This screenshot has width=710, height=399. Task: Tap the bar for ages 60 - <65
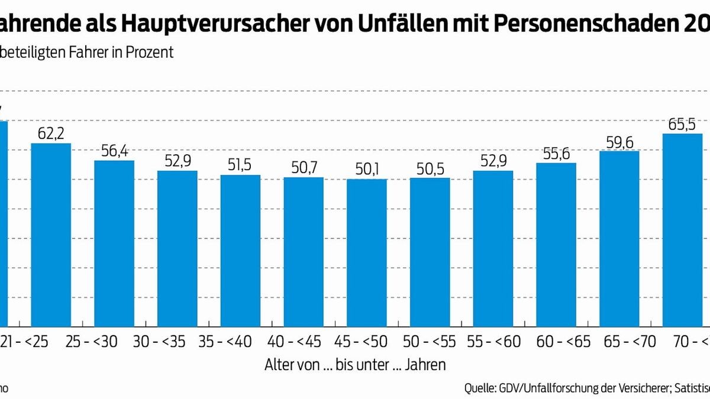click(556, 245)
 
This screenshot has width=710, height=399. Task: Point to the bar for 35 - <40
click(240, 251)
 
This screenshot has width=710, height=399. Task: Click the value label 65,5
click(682, 125)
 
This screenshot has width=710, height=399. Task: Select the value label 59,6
click(619, 142)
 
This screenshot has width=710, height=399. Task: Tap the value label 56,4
click(114, 151)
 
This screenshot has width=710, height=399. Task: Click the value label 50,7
click(304, 168)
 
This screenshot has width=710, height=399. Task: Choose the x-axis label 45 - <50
click(367, 342)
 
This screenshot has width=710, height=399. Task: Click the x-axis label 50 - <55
click(430, 342)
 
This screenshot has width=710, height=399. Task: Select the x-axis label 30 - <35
click(177, 342)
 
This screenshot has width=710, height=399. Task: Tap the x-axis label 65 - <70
click(619, 342)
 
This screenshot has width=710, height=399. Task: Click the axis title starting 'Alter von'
click(354, 365)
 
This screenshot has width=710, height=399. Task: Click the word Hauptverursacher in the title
click(208, 22)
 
